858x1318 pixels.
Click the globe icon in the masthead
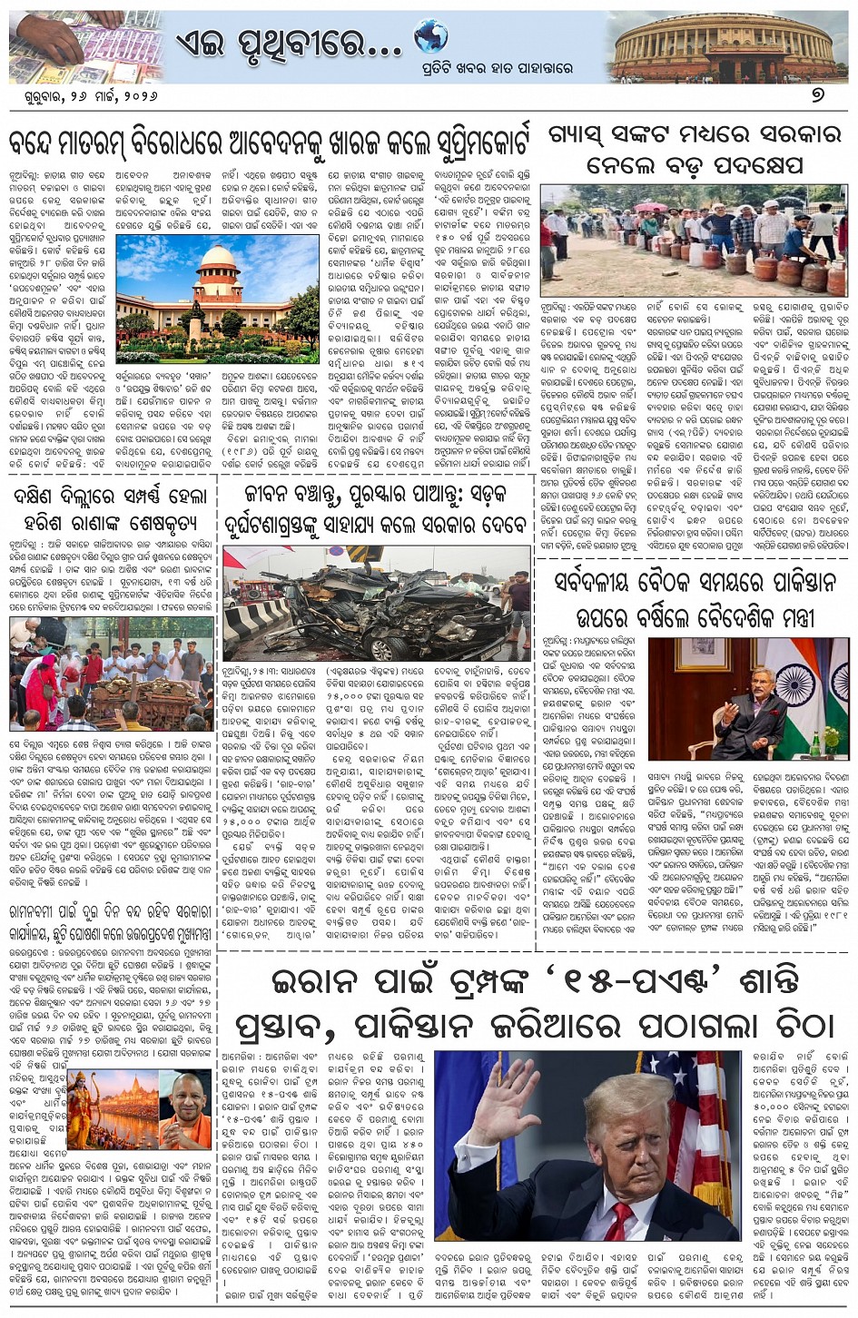click(x=431, y=37)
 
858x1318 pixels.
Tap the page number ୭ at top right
click(x=817, y=94)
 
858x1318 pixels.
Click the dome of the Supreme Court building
click(x=217, y=258)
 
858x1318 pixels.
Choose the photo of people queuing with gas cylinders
click(x=694, y=240)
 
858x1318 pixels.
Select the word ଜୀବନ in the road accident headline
click(x=279, y=495)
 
